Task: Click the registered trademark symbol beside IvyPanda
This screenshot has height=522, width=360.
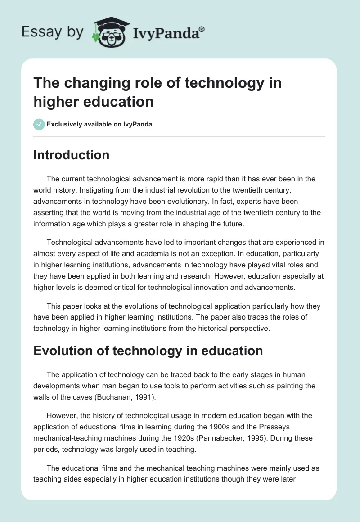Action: [x=202, y=30]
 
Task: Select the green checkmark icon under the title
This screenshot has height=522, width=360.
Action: [x=39, y=124]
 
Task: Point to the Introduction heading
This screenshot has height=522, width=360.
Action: [x=71, y=155]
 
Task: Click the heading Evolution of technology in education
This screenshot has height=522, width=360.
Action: [x=148, y=351]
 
